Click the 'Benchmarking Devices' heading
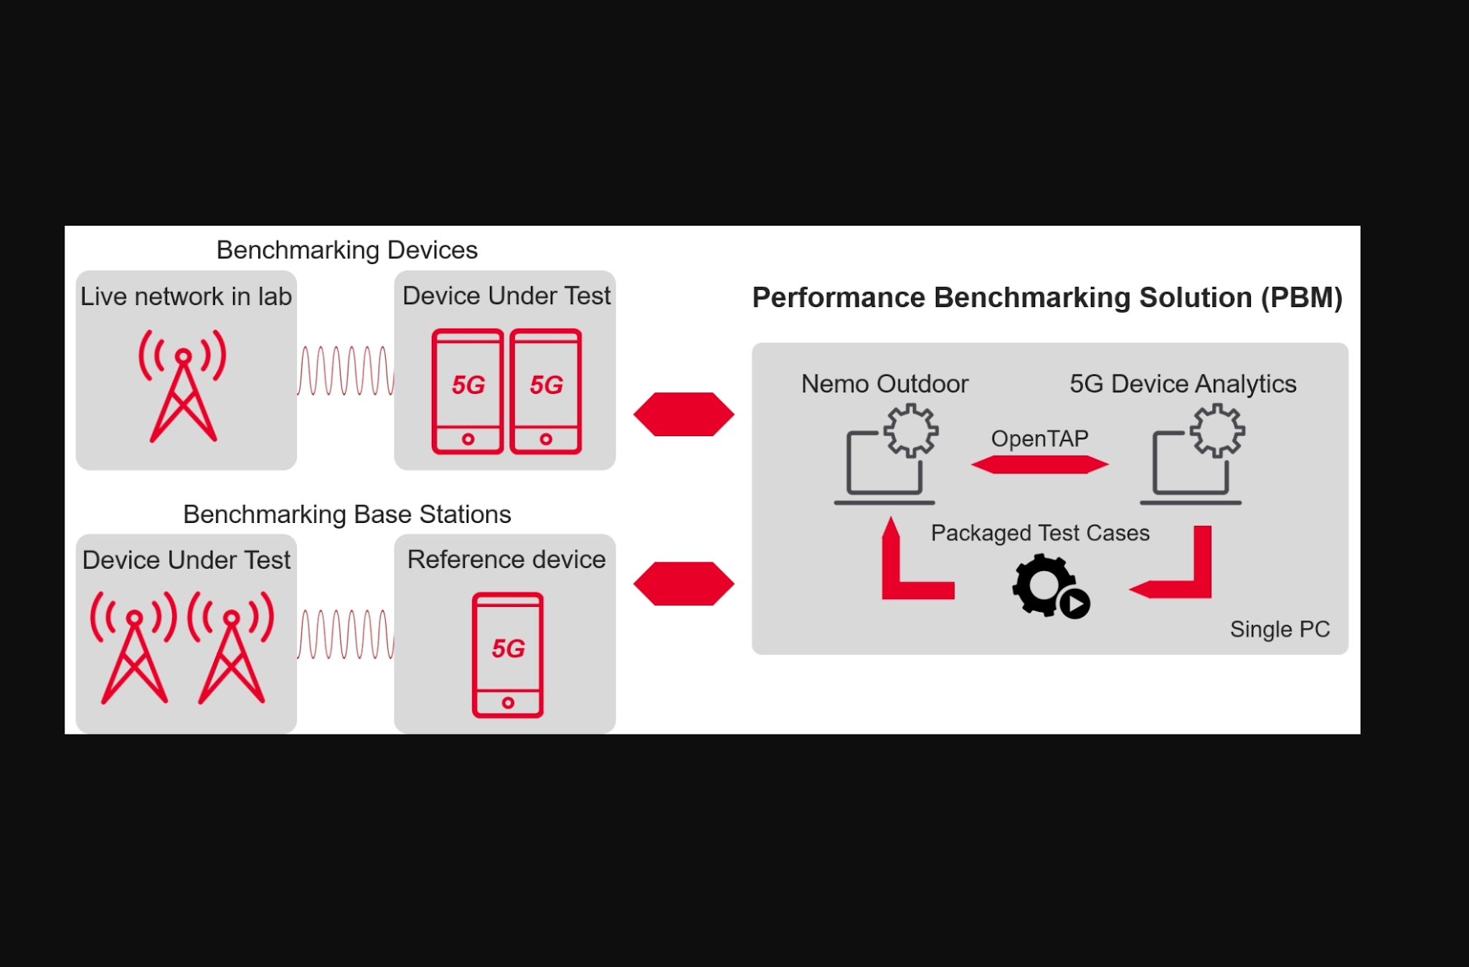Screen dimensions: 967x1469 [346, 250]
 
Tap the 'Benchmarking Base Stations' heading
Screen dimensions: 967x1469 [346, 514]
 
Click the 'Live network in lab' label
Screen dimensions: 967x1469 [186, 296]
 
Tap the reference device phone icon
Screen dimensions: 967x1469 [507, 655]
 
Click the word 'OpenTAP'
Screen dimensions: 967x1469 [1039, 438]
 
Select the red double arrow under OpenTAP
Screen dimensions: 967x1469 [1039, 465]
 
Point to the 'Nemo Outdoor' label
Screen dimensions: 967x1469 [884, 384]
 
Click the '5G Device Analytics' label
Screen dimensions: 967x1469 [1183, 384]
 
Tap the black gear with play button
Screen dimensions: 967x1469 [1049, 586]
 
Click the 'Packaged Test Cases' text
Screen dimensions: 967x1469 [1039, 533]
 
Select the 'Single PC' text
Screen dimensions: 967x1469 [1280, 629]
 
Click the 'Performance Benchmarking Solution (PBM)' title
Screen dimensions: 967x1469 [1047, 298]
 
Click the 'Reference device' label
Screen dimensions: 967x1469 [506, 560]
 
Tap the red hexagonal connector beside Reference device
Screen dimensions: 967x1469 [684, 583]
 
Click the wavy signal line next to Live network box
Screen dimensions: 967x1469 [346, 371]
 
